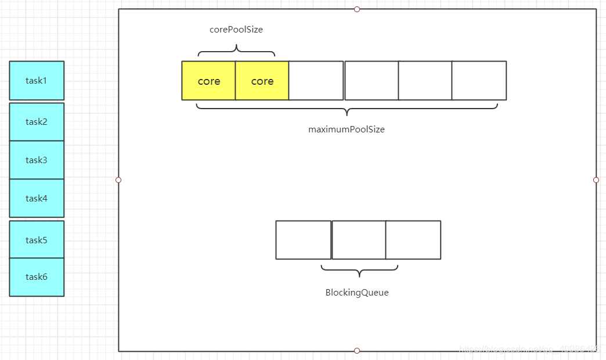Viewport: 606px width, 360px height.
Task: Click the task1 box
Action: point(37,81)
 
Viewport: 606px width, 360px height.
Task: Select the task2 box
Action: point(37,122)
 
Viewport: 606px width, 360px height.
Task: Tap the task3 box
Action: point(37,160)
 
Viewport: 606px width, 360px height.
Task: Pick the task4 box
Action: point(37,199)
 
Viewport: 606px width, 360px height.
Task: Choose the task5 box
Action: point(37,240)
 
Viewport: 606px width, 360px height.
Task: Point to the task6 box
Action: point(37,277)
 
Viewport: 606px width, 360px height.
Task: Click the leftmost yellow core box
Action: point(208,81)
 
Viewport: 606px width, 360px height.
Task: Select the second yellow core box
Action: point(262,81)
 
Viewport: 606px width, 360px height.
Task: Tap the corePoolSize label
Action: point(236,30)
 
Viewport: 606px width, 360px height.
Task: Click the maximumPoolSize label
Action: point(346,129)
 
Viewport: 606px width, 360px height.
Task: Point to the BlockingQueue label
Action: point(356,293)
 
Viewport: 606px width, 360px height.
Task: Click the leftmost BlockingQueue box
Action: point(303,240)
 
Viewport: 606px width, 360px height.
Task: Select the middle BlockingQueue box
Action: point(359,240)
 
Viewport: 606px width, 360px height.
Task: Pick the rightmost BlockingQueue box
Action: point(413,240)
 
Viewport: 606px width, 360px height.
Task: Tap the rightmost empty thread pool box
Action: point(479,81)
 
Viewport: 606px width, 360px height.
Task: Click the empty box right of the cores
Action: point(316,81)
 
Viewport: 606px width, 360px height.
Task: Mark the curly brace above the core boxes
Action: point(236,53)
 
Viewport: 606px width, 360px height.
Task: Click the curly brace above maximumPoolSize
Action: point(347,109)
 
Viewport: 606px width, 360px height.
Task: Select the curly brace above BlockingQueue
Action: point(359,269)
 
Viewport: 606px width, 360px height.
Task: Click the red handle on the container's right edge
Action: point(596,180)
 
